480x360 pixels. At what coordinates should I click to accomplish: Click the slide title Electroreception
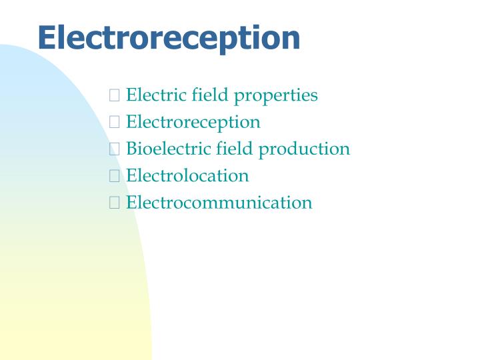(x=169, y=38)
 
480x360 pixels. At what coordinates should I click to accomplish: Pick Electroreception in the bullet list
(x=193, y=123)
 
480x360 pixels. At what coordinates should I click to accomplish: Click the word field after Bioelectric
(x=233, y=149)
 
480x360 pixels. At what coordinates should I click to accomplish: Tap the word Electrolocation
(x=187, y=175)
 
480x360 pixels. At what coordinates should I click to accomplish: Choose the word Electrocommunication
(x=219, y=202)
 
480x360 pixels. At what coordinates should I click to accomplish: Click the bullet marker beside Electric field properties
(x=114, y=96)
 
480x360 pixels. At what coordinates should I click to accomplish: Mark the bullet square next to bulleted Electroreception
(x=114, y=123)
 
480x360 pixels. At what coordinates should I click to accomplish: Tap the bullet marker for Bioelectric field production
(x=114, y=149)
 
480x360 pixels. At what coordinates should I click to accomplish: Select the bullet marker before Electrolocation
(x=114, y=176)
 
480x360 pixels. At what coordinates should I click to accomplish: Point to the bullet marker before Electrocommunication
(x=114, y=203)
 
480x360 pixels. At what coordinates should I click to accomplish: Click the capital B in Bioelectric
(x=131, y=149)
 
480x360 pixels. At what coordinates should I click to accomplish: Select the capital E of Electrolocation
(x=131, y=175)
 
